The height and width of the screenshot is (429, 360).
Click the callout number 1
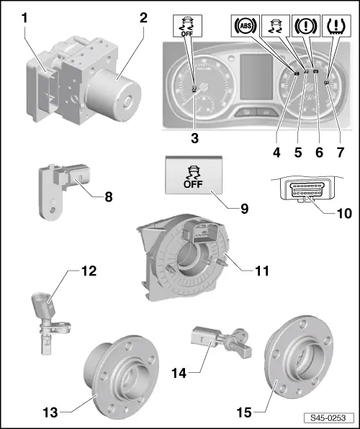(25, 16)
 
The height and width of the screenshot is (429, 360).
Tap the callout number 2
(143, 16)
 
